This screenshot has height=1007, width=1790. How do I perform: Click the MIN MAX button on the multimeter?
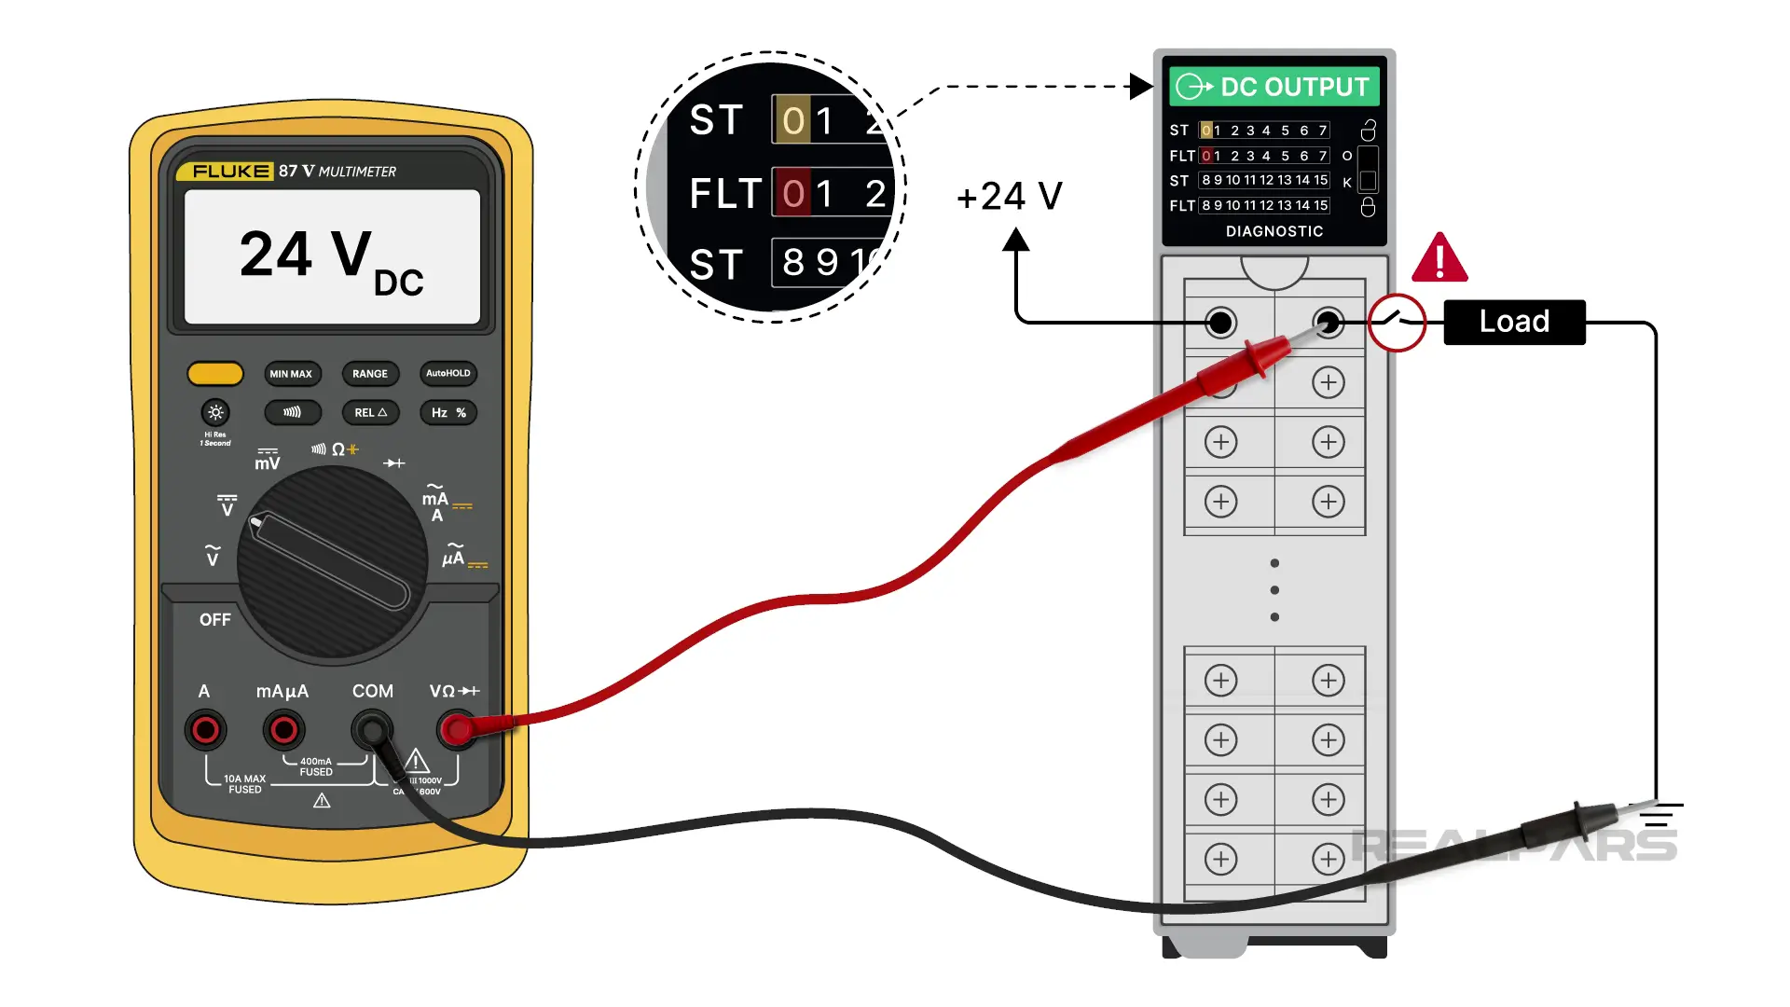click(x=291, y=374)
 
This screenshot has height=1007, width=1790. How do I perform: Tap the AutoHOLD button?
click(x=448, y=373)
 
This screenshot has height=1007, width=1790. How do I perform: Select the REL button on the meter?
click(x=370, y=412)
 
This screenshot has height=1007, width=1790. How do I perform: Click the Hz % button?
click(x=448, y=412)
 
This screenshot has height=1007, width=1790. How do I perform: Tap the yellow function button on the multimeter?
click(x=215, y=374)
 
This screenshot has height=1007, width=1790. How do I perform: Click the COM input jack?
click(x=372, y=730)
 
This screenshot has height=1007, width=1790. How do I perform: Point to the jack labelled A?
click(x=205, y=730)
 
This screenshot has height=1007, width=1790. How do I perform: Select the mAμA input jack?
click(x=283, y=730)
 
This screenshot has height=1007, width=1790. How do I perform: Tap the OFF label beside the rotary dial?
click(x=214, y=620)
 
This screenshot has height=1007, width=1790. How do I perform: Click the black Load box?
click(x=1514, y=322)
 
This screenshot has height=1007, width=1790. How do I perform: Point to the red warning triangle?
click(x=1439, y=258)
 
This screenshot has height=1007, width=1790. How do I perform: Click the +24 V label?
click(x=1009, y=197)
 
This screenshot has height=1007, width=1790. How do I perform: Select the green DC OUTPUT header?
click(x=1274, y=87)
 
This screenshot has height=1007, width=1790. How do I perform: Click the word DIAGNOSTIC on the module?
click(x=1274, y=231)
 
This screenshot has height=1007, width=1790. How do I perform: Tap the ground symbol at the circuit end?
click(x=1657, y=815)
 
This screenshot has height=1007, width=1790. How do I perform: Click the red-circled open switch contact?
click(x=1397, y=323)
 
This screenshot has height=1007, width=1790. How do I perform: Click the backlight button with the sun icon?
click(x=215, y=412)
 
